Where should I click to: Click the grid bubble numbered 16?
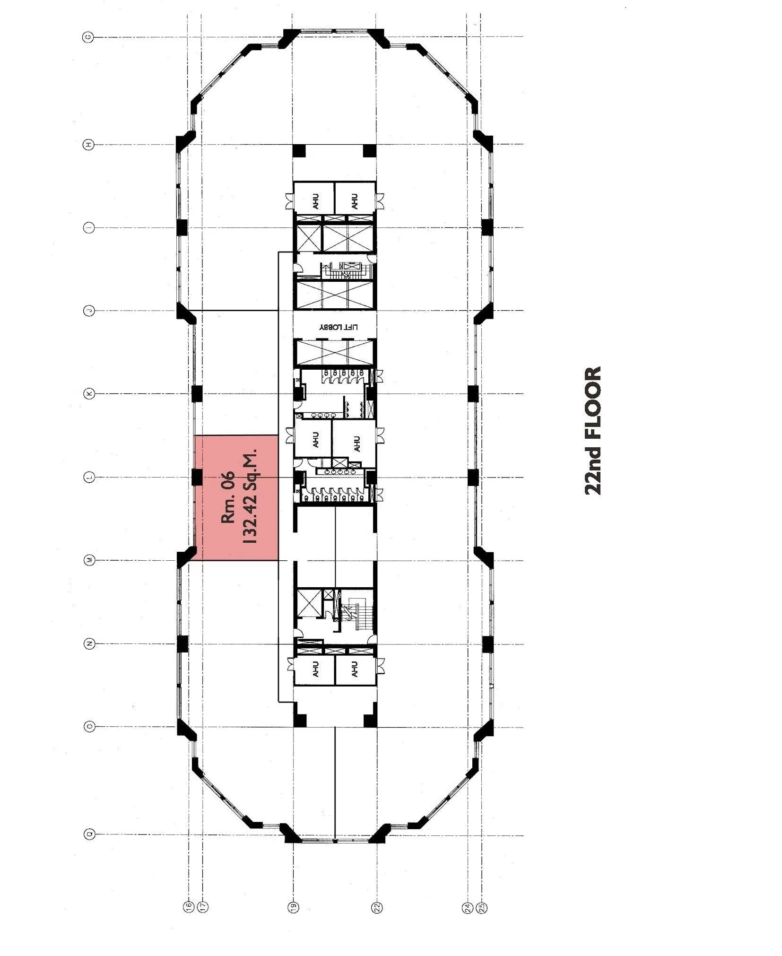pos(189,906)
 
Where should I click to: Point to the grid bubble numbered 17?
pos(202,906)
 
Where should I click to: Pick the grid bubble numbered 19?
pos(294,906)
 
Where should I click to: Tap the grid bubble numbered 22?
pos(377,906)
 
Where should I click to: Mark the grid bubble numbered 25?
pos(482,906)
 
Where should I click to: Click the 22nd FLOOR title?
pos(593,430)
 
